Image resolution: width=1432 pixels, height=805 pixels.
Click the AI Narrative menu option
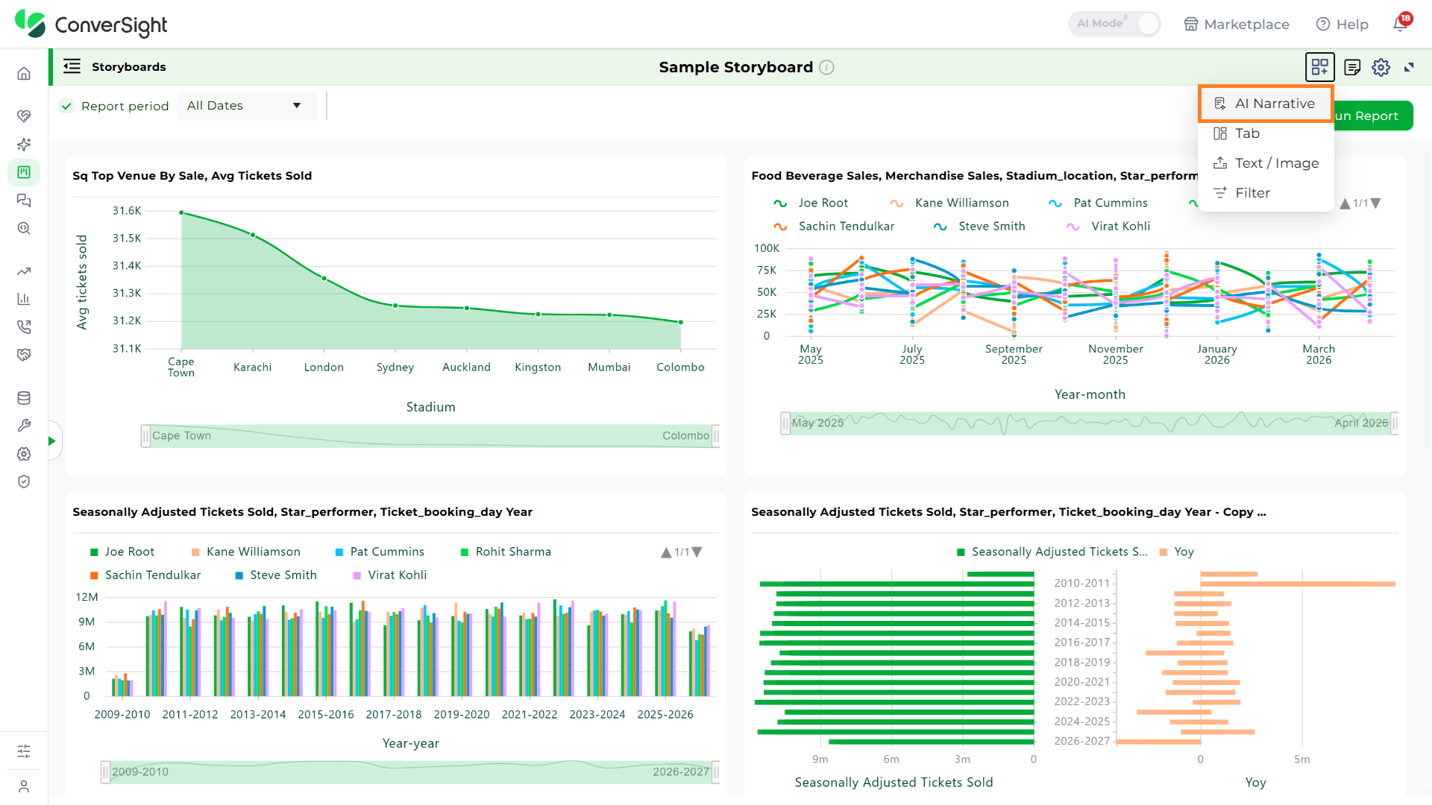tap(1265, 104)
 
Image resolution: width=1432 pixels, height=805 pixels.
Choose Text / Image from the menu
tap(1266, 163)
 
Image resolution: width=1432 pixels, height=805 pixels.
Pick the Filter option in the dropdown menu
tap(1241, 193)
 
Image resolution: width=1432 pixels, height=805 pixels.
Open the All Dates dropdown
tap(246, 106)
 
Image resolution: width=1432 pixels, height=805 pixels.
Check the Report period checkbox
tap(67, 106)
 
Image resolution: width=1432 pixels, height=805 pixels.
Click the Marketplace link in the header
tap(1237, 25)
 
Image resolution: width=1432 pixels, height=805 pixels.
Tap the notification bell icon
tap(1401, 24)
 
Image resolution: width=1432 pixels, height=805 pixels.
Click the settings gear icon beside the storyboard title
tap(1381, 67)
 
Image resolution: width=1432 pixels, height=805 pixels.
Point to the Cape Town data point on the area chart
tap(181, 212)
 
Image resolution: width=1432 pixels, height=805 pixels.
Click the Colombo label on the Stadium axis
tap(680, 367)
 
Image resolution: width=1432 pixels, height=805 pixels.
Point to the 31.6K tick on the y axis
tap(127, 211)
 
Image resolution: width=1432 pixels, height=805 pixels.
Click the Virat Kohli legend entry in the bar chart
tap(389, 575)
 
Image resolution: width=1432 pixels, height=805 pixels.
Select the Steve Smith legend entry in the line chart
tap(979, 227)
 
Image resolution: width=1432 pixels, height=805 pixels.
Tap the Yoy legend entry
tap(1177, 552)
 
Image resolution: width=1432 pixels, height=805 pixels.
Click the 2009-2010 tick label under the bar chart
tap(122, 715)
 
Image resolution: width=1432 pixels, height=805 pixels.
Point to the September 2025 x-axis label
tap(1014, 354)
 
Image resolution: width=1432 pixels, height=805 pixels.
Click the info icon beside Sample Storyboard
tap(826, 67)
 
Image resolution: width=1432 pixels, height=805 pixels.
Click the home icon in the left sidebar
tap(24, 74)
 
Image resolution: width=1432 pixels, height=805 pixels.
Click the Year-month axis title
tap(1090, 395)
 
